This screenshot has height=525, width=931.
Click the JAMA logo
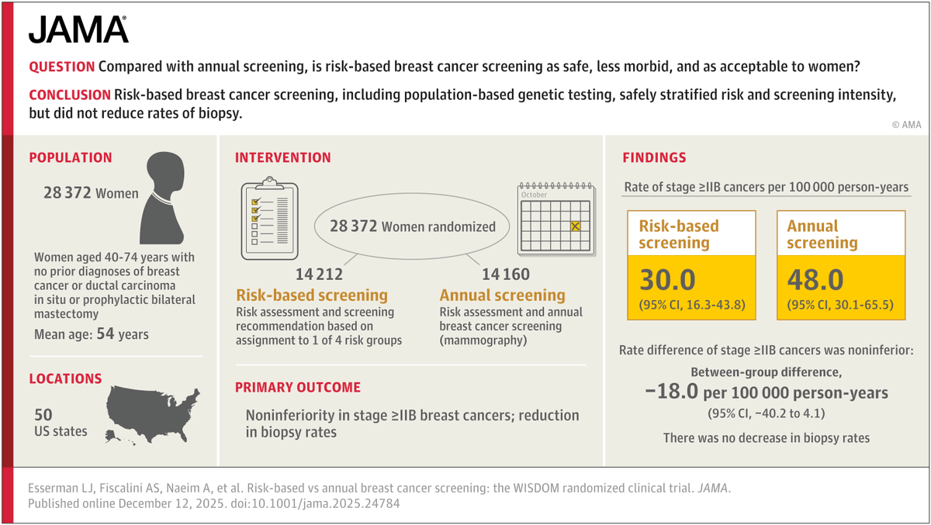pyautogui.click(x=78, y=30)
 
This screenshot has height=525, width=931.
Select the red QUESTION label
pyautogui.click(x=61, y=67)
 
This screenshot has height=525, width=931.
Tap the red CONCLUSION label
pyautogui.click(x=69, y=95)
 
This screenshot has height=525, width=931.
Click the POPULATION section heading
pyautogui.click(x=71, y=157)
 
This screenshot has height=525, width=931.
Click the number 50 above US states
pyautogui.click(x=43, y=415)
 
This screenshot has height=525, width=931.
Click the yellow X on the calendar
pyautogui.click(x=575, y=226)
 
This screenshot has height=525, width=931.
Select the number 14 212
pyautogui.click(x=319, y=275)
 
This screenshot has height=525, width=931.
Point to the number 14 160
pyautogui.click(x=506, y=275)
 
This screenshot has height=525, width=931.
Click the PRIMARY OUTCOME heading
pyautogui.click(x=297, y=387)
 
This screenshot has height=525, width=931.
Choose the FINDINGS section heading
pyautogui.click(x=654, y=157)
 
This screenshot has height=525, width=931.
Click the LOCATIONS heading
pyautogui.click(x=65, y=378)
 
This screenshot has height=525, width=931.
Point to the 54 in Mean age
pyautogui.click(x=123, y=335)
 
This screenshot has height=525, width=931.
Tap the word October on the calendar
pyautogui.click(x=535, y=195)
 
